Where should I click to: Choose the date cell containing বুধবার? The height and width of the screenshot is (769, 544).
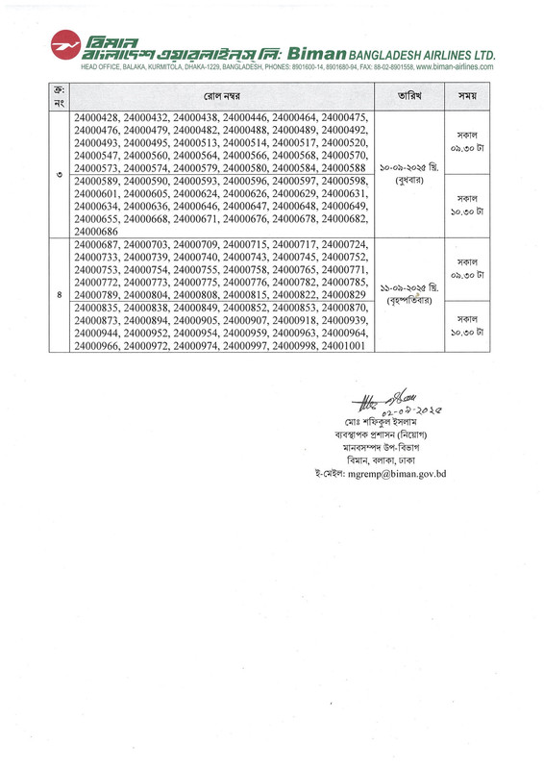tap(413, 173)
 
